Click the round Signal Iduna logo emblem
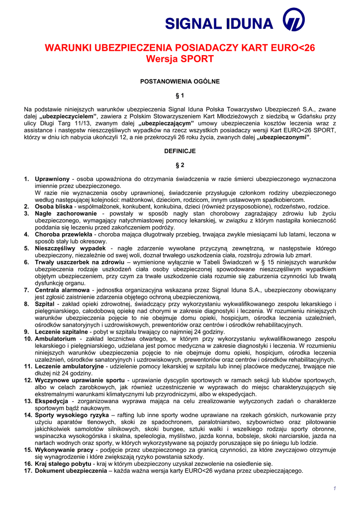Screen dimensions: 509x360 [x=293, y=22]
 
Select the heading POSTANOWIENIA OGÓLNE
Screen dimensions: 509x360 [x=180, y=81]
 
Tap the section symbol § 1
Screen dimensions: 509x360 [x=180, y=95]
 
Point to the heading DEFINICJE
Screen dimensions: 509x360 [x=180, y=151]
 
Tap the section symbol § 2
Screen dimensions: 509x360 [x=180, y=165]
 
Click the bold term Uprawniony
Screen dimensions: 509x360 [x=52, y=178]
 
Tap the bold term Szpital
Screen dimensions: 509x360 [x=44, y=303]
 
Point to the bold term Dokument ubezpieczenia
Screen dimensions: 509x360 [x=71, y=470]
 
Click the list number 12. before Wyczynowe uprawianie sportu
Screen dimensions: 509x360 [x=28, y=380]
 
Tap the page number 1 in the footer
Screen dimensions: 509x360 [x=335, y=489]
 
